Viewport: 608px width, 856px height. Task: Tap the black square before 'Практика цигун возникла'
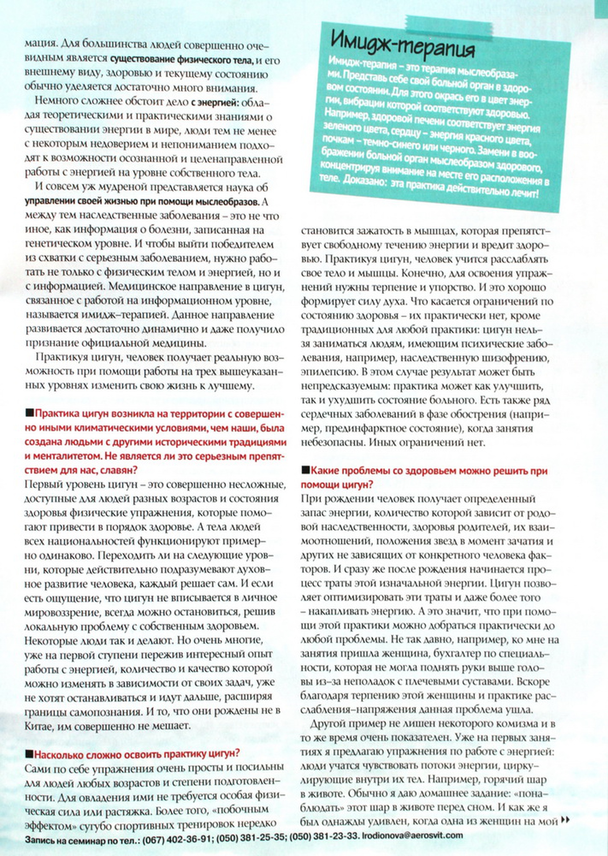coord(29,413)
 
